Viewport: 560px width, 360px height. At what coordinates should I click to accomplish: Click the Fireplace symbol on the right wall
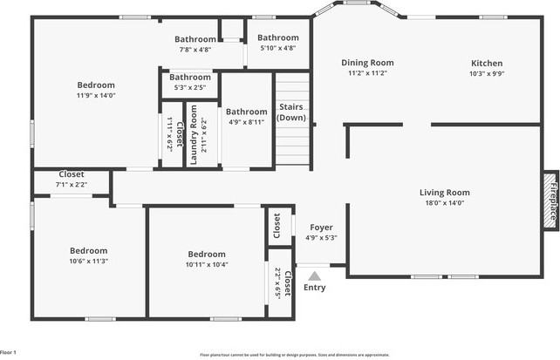(x=550, y=200)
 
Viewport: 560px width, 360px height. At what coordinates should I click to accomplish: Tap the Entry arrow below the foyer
(x=314, y=275)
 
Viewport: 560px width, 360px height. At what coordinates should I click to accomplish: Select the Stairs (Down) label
(x=292, y=112)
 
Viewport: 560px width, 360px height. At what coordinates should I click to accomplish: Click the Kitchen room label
(x=487, y=63)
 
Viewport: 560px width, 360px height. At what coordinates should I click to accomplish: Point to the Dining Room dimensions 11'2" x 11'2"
(x=366, y=74)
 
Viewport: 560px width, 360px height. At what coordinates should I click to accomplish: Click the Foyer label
(x=322, y=227)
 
